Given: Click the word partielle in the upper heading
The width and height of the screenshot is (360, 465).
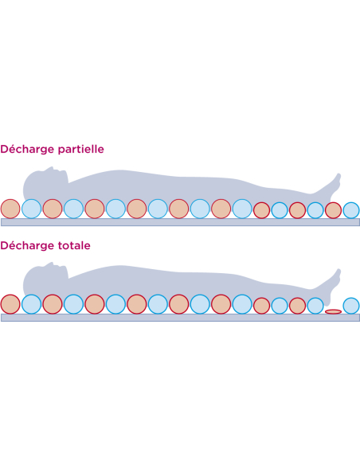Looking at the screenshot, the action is click(x=81, y=149).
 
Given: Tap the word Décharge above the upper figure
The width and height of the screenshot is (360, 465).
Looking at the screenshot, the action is click(x=28, y=149).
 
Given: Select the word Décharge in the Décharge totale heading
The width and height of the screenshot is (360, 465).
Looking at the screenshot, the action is click(x=28, y=245).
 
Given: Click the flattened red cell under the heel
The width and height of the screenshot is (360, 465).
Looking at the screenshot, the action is click(x=333, y=311).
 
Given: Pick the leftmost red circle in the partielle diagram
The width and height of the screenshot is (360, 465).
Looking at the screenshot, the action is click(x=10, y=209).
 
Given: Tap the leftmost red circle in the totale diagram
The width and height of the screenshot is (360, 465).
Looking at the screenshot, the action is click(x=10, y=304).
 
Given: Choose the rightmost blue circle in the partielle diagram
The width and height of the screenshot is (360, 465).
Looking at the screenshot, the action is click(x=351, y=210).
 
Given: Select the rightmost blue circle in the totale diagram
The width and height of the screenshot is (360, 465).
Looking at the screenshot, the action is click(x=351, y=306).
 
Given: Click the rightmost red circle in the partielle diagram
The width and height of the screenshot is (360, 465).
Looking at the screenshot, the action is click(x=333, y=210).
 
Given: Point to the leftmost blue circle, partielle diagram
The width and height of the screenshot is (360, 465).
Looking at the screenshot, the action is click(x=31, y=209).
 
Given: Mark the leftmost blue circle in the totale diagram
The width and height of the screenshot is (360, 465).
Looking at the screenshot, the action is click(x=31, y=304).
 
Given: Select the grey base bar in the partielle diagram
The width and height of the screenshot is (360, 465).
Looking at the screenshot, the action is click(x=180, y=222).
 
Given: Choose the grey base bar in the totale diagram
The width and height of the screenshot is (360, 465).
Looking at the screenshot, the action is click(x=180, y=318).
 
